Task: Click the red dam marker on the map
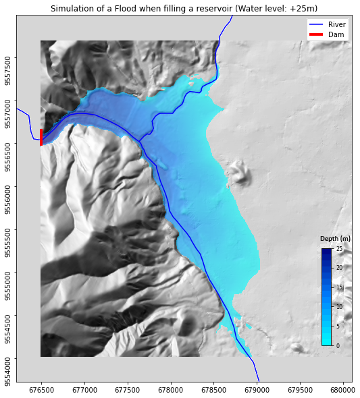click(41, 137)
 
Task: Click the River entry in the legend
click(336, 24)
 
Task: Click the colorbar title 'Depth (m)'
click(335, 239)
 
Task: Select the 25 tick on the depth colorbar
click(339, 249)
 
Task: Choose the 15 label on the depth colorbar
click(339, 287)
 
